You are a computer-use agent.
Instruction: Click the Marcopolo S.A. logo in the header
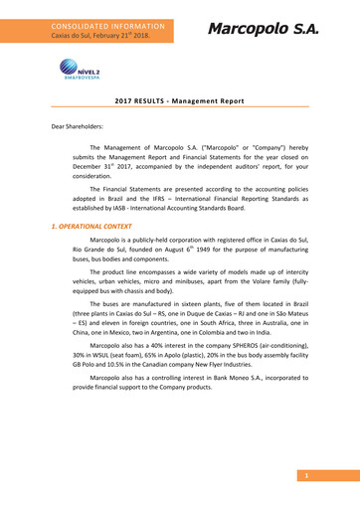(263, 29)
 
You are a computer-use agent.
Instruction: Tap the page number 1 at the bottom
(308, 476)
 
